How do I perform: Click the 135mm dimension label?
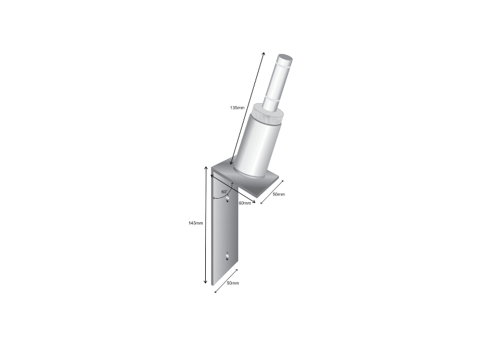[x=237, y=108]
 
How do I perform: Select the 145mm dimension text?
[x=196, y=223]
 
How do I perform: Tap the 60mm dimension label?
[x=245, y=203]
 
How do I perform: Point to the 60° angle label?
[x=223, y=192]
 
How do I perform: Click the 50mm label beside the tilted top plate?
[x=278, y=195]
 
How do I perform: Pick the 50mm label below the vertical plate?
[x=232, y=283]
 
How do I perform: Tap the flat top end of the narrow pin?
[x=285, y=59]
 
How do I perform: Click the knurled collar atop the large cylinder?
[x=265, y=113]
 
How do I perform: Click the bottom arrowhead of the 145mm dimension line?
[x=206, y=282]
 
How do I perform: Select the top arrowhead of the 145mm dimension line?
[x=206, y=170]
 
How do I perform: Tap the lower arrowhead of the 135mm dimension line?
[x=231, y=163]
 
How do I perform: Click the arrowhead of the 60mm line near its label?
[x=254, y=202]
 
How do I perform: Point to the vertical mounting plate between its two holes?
[x=227, y=228]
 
